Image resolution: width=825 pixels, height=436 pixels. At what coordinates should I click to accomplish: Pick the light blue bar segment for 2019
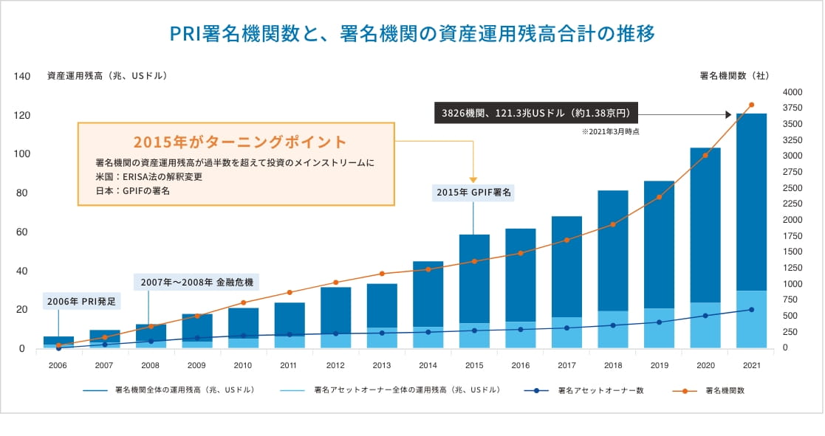tap(659, 328)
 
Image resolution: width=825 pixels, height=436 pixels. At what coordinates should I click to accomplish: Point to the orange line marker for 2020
tap(705, 155)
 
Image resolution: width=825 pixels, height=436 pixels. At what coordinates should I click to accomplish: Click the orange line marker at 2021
tap(751, 105)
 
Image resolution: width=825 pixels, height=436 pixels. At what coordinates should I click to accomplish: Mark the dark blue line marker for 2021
tap(751, 309)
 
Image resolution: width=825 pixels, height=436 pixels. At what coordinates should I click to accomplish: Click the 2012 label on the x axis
tap(335, 364)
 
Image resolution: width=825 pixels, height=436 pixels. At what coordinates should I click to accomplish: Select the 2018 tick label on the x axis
tap(612, 364)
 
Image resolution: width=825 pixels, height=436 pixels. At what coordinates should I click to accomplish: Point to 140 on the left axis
tap(22, 76)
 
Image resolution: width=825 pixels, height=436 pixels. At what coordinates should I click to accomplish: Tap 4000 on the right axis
tap(792, 92)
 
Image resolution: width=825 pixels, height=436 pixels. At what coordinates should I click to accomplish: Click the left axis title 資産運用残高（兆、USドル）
tap(107, 76)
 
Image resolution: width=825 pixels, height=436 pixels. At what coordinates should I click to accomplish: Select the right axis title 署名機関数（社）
tap(733, 76)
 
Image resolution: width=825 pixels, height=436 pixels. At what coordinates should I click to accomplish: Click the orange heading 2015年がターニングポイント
tap(239, 142)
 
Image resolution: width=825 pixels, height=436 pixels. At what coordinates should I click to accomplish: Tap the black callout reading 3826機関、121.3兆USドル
tap(535, 114)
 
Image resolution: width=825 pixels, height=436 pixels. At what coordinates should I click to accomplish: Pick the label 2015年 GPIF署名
tap(474, 192)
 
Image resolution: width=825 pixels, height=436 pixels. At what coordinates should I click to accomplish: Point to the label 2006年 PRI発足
tap(81, 301)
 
